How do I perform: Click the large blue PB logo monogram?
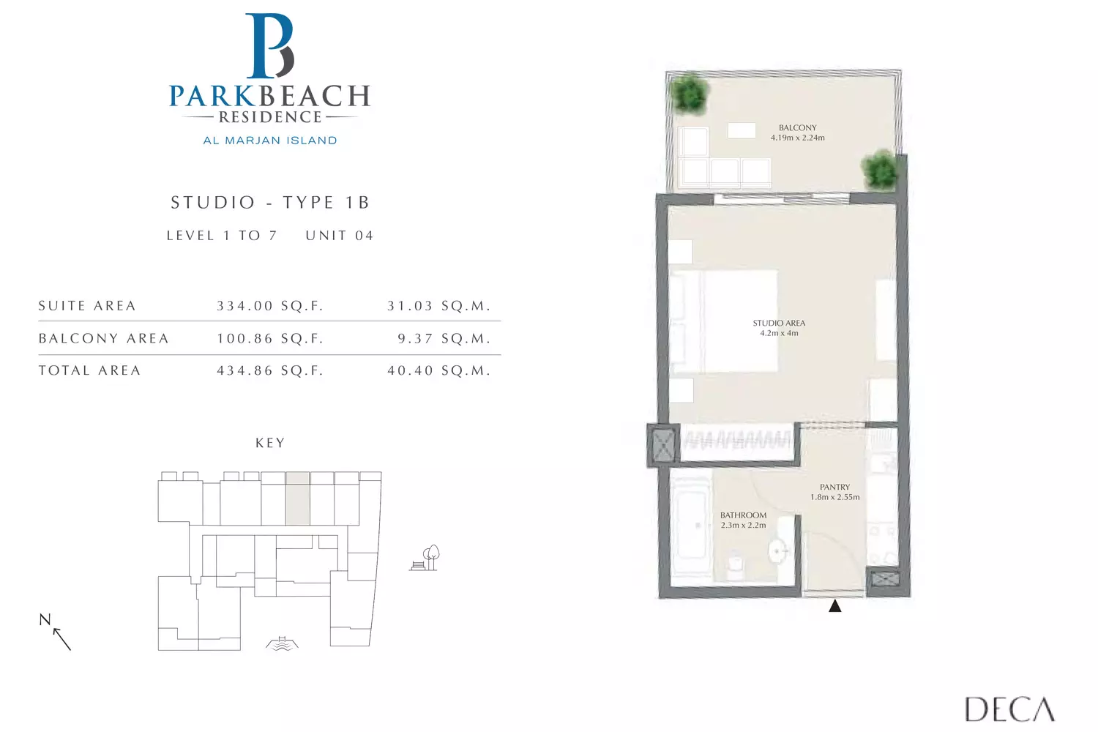click(269, 45)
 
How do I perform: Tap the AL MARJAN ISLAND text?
click(270, 141)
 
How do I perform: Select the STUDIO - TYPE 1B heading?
click(270, 203)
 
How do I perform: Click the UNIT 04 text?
click(340, 236)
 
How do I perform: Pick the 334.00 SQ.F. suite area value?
click(270, 306)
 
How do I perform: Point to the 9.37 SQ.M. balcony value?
click(444, 338)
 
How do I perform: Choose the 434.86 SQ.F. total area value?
click(270, 370)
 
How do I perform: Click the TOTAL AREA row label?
click(90, 370)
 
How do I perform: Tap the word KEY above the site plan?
click(270, 443)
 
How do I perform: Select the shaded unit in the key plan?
click(297, 498)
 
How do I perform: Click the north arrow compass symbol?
click(56, 632)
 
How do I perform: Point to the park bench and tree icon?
click(425, 558)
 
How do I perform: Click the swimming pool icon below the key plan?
click(282, 643)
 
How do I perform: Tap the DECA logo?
click(1009, 709)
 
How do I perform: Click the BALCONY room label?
click(798, 128)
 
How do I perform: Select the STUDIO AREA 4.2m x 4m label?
click(779, 328)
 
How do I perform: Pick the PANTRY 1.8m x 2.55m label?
click(834, 492)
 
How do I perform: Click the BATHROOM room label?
click(743, 515)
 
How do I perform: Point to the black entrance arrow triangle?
click(834, 606)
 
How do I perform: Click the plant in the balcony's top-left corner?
click(690, 93)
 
